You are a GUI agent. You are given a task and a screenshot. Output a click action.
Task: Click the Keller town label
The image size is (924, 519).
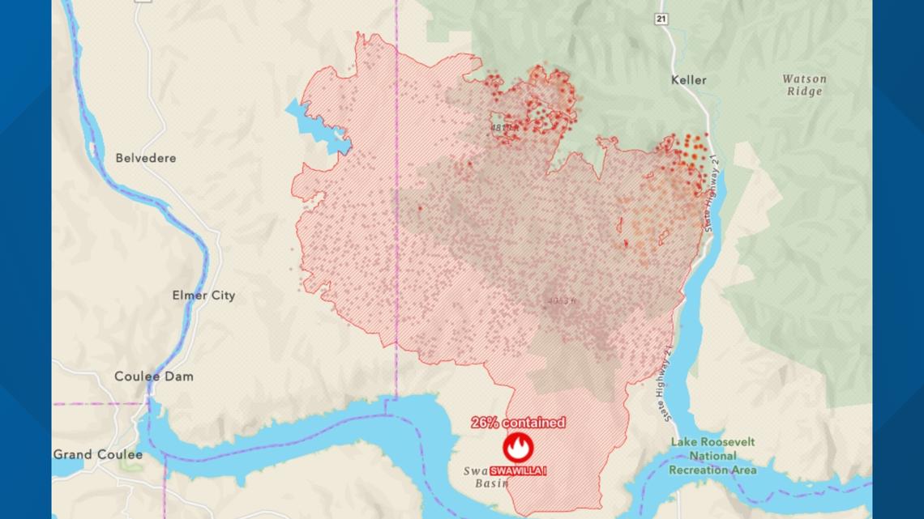point(689,79)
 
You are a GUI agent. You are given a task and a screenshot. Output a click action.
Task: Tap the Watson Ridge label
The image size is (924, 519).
point(803,85)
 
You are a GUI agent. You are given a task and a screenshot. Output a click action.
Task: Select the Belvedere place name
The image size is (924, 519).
point(145,158)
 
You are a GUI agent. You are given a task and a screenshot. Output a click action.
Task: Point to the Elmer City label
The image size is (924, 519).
point(203,296)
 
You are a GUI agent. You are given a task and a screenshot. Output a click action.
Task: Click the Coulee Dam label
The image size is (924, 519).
point(153,376)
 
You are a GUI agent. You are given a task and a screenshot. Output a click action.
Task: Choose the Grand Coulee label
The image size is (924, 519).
point(98,454)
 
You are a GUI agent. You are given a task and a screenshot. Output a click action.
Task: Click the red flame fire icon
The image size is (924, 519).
point(518,447)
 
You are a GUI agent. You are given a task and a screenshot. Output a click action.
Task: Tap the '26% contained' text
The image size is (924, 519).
point(518,423)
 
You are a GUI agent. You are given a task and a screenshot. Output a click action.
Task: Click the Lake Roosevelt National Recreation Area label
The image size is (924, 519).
point(712,456)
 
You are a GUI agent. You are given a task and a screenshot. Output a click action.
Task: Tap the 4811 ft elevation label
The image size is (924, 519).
point(503,128)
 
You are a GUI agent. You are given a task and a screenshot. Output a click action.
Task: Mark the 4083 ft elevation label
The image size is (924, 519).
point(561,301)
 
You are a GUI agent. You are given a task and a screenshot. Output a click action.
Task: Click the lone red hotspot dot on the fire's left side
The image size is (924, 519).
point(419,208)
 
